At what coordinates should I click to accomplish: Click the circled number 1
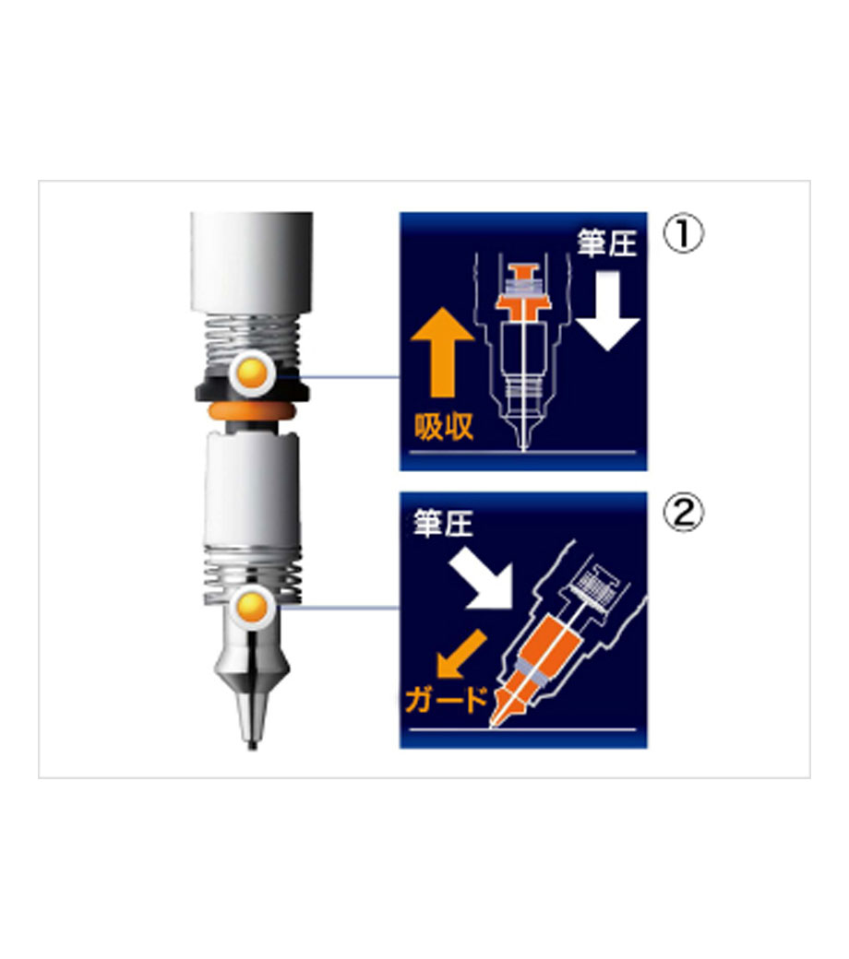click(684, 233)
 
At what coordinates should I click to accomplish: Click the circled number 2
click(684, 513)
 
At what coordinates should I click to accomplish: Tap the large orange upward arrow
click(442, 352)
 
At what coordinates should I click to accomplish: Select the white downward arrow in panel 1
click(607, 311)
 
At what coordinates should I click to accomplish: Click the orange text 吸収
click(444, 426)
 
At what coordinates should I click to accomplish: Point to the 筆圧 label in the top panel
click(606, 243)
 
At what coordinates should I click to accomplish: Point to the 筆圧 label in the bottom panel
click(443, 523)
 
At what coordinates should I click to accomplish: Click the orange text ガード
click(447, 699)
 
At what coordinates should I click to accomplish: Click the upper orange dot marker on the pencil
click(253, 373)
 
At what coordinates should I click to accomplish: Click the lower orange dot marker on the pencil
click(253, 607)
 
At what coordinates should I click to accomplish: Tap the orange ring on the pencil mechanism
click(252, 410)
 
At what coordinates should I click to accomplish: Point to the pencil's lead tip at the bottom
click(252, 746)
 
